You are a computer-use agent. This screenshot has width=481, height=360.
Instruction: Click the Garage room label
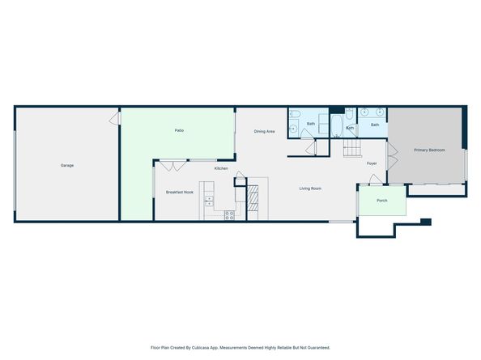(x=67, y=166)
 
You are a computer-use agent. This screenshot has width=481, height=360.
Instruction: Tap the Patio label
(x=179, y=130)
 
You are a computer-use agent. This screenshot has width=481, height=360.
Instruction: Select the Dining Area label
(x=264, y=131)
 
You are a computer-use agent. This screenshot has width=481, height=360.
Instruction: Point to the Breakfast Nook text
(x=180, y=193)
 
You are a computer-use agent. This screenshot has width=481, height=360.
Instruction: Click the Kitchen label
(x=221, y=168)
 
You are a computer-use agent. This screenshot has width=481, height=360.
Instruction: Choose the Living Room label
(x=310, y=188)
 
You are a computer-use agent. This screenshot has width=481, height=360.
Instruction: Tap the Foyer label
(x=372, y=163)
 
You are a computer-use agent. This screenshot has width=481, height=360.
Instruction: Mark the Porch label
(x=382, y=201)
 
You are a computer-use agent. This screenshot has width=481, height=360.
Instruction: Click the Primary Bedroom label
(x=429, y=150)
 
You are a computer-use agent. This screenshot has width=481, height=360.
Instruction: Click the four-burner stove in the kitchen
(x=229, y=215)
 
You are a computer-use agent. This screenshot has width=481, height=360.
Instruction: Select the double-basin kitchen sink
(x=209, y=201)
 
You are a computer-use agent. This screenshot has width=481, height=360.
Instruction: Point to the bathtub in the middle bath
(x=337, y=126)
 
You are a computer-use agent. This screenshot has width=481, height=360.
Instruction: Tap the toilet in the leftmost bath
(x=295, y=114)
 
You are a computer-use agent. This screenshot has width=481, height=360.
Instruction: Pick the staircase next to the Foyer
(x=352, y=148)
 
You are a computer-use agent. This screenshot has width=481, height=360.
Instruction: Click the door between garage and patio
(x=115, y=119)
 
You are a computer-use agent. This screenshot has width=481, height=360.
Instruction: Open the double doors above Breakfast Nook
(x=173, y=166)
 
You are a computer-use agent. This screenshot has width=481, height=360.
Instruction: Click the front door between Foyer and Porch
(x=376, y=180)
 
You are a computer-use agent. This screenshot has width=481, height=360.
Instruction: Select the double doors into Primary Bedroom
(x=393, y=156)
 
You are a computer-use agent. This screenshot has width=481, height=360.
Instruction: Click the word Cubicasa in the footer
(x=199, y=348)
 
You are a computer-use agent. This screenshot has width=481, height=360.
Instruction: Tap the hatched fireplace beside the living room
(x=253, y=198)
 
